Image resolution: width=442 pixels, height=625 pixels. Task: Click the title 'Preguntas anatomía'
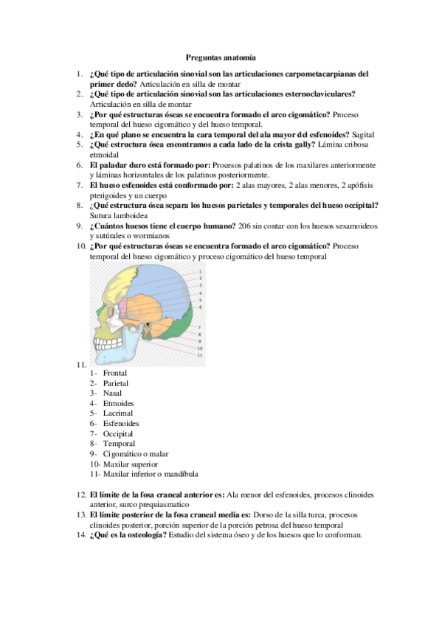tap(221, 55)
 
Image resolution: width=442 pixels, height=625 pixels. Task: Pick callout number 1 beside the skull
tap(200, 271)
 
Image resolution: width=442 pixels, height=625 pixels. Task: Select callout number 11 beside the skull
tap(200, 355)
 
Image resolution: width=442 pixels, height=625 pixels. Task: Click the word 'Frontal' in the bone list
tap(116, 374)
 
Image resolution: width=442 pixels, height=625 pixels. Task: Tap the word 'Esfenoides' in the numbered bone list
tap(122, 424)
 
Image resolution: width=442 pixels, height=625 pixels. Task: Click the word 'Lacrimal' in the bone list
tap(118, 413)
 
